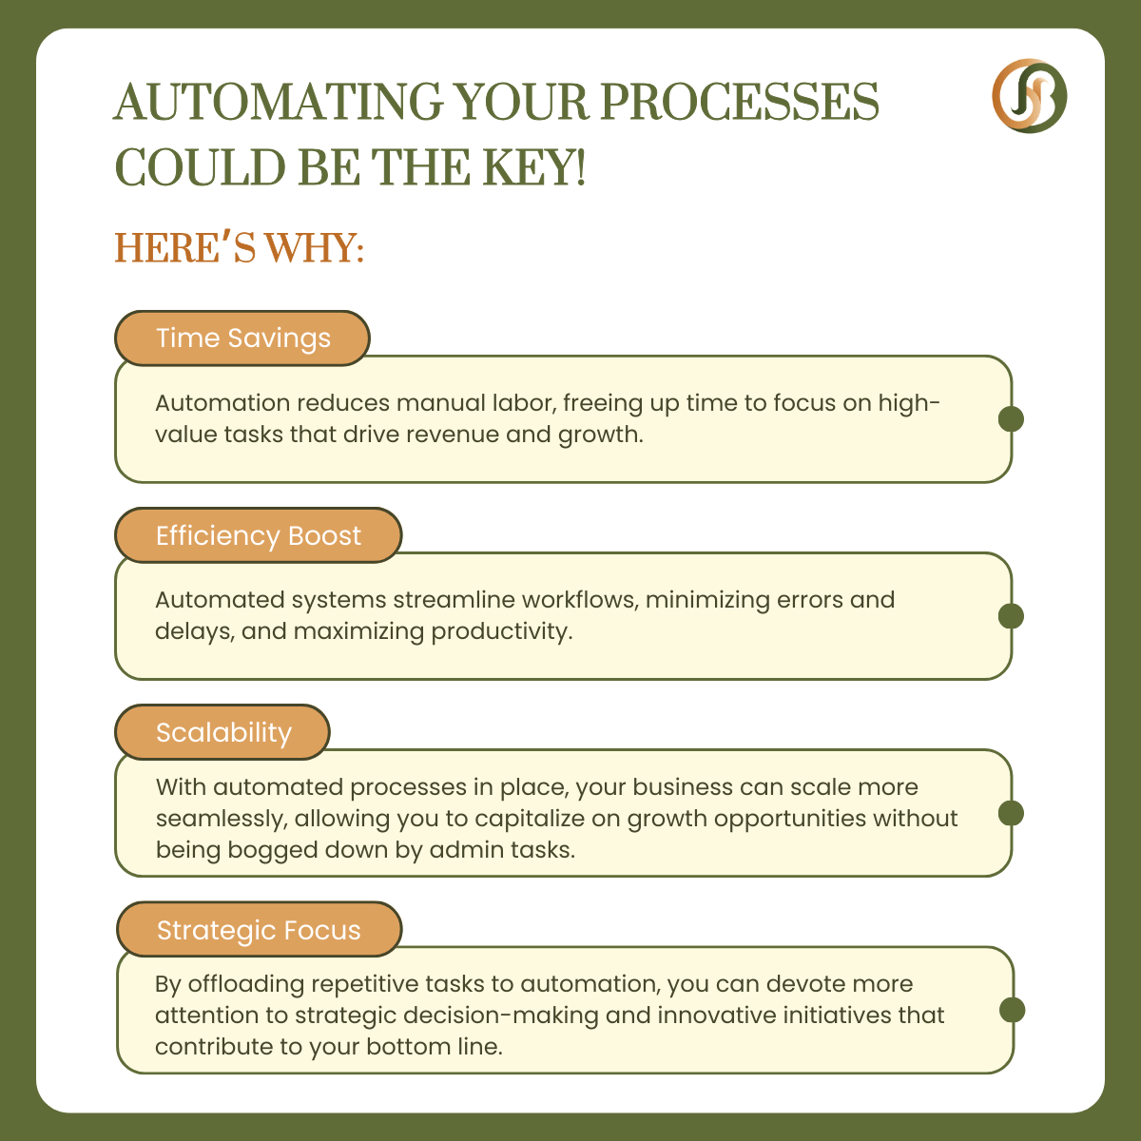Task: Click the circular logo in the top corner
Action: pos(1029,95)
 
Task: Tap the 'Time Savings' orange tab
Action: pos(242,338)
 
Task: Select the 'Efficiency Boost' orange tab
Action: pos(259,535)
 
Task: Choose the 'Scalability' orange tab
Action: pos(222,732)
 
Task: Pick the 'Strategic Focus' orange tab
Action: pos(260,930)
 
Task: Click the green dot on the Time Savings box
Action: pos(1011,419)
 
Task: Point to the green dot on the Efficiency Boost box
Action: pos(1011,616)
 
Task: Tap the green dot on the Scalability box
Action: pos(1011,813)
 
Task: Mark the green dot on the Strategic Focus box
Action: pos(1012,1010)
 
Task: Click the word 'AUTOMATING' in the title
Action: pos(279,102)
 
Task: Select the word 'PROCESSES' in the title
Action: pos(740,102)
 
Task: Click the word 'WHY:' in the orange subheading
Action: pos(314,247)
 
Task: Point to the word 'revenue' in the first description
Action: pos(453,434)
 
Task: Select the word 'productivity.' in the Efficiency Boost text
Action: pos(501,631)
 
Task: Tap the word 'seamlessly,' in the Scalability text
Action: pos(222,819)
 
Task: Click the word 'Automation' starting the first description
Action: pos(222,402)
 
